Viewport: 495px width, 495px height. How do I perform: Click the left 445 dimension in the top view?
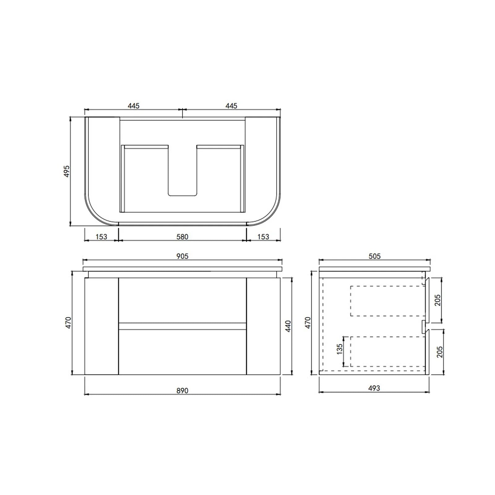134,106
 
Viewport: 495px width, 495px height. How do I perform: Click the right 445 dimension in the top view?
231,106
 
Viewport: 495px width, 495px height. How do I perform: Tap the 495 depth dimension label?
67,171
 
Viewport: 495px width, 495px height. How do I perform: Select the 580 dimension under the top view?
182,237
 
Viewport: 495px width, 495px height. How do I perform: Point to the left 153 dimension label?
101,237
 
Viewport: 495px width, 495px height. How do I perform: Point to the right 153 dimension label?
263,237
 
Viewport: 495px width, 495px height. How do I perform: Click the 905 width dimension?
182,256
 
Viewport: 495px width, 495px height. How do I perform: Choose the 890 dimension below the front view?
182,391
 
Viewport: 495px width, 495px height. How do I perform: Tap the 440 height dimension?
288,326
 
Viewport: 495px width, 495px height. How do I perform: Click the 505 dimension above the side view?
374,256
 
